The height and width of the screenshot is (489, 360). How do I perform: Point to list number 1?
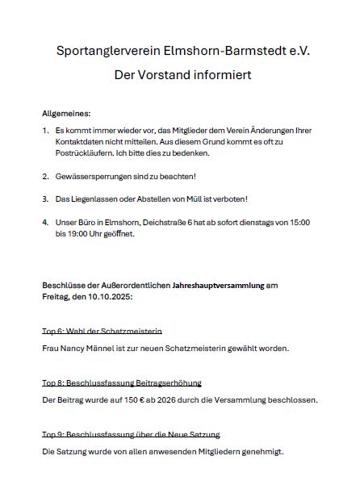point(44,130)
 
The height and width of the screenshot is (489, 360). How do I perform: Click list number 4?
point(45,222)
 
